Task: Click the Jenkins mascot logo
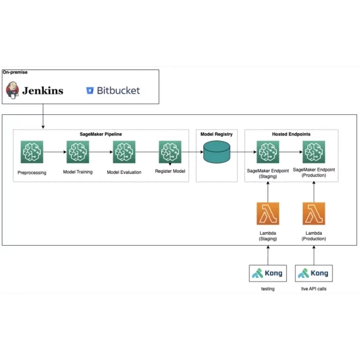click(12, 90)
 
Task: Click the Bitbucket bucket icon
click(90, 91)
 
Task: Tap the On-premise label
click(15, 72)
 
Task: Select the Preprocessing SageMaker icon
click(32, 152)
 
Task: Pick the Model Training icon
click(78, 152)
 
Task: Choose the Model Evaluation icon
click(124, 152)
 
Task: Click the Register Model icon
click(170, 152)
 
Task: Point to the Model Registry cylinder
click(216, 152)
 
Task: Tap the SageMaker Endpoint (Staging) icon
click(268, 152)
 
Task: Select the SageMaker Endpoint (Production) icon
click(314, 152)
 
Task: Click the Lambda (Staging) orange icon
click(268, 213)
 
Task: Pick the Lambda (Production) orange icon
click(314, 213)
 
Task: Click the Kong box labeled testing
click(268, 273)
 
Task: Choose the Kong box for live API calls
click(314, 273)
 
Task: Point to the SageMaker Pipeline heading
click(101, 134)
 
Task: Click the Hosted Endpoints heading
click(291, 134)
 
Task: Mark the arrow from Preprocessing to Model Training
click(55, 152)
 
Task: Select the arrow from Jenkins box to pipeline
click(43, 116)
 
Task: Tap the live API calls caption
click(314, 289)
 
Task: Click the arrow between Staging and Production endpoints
click(291, 152)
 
